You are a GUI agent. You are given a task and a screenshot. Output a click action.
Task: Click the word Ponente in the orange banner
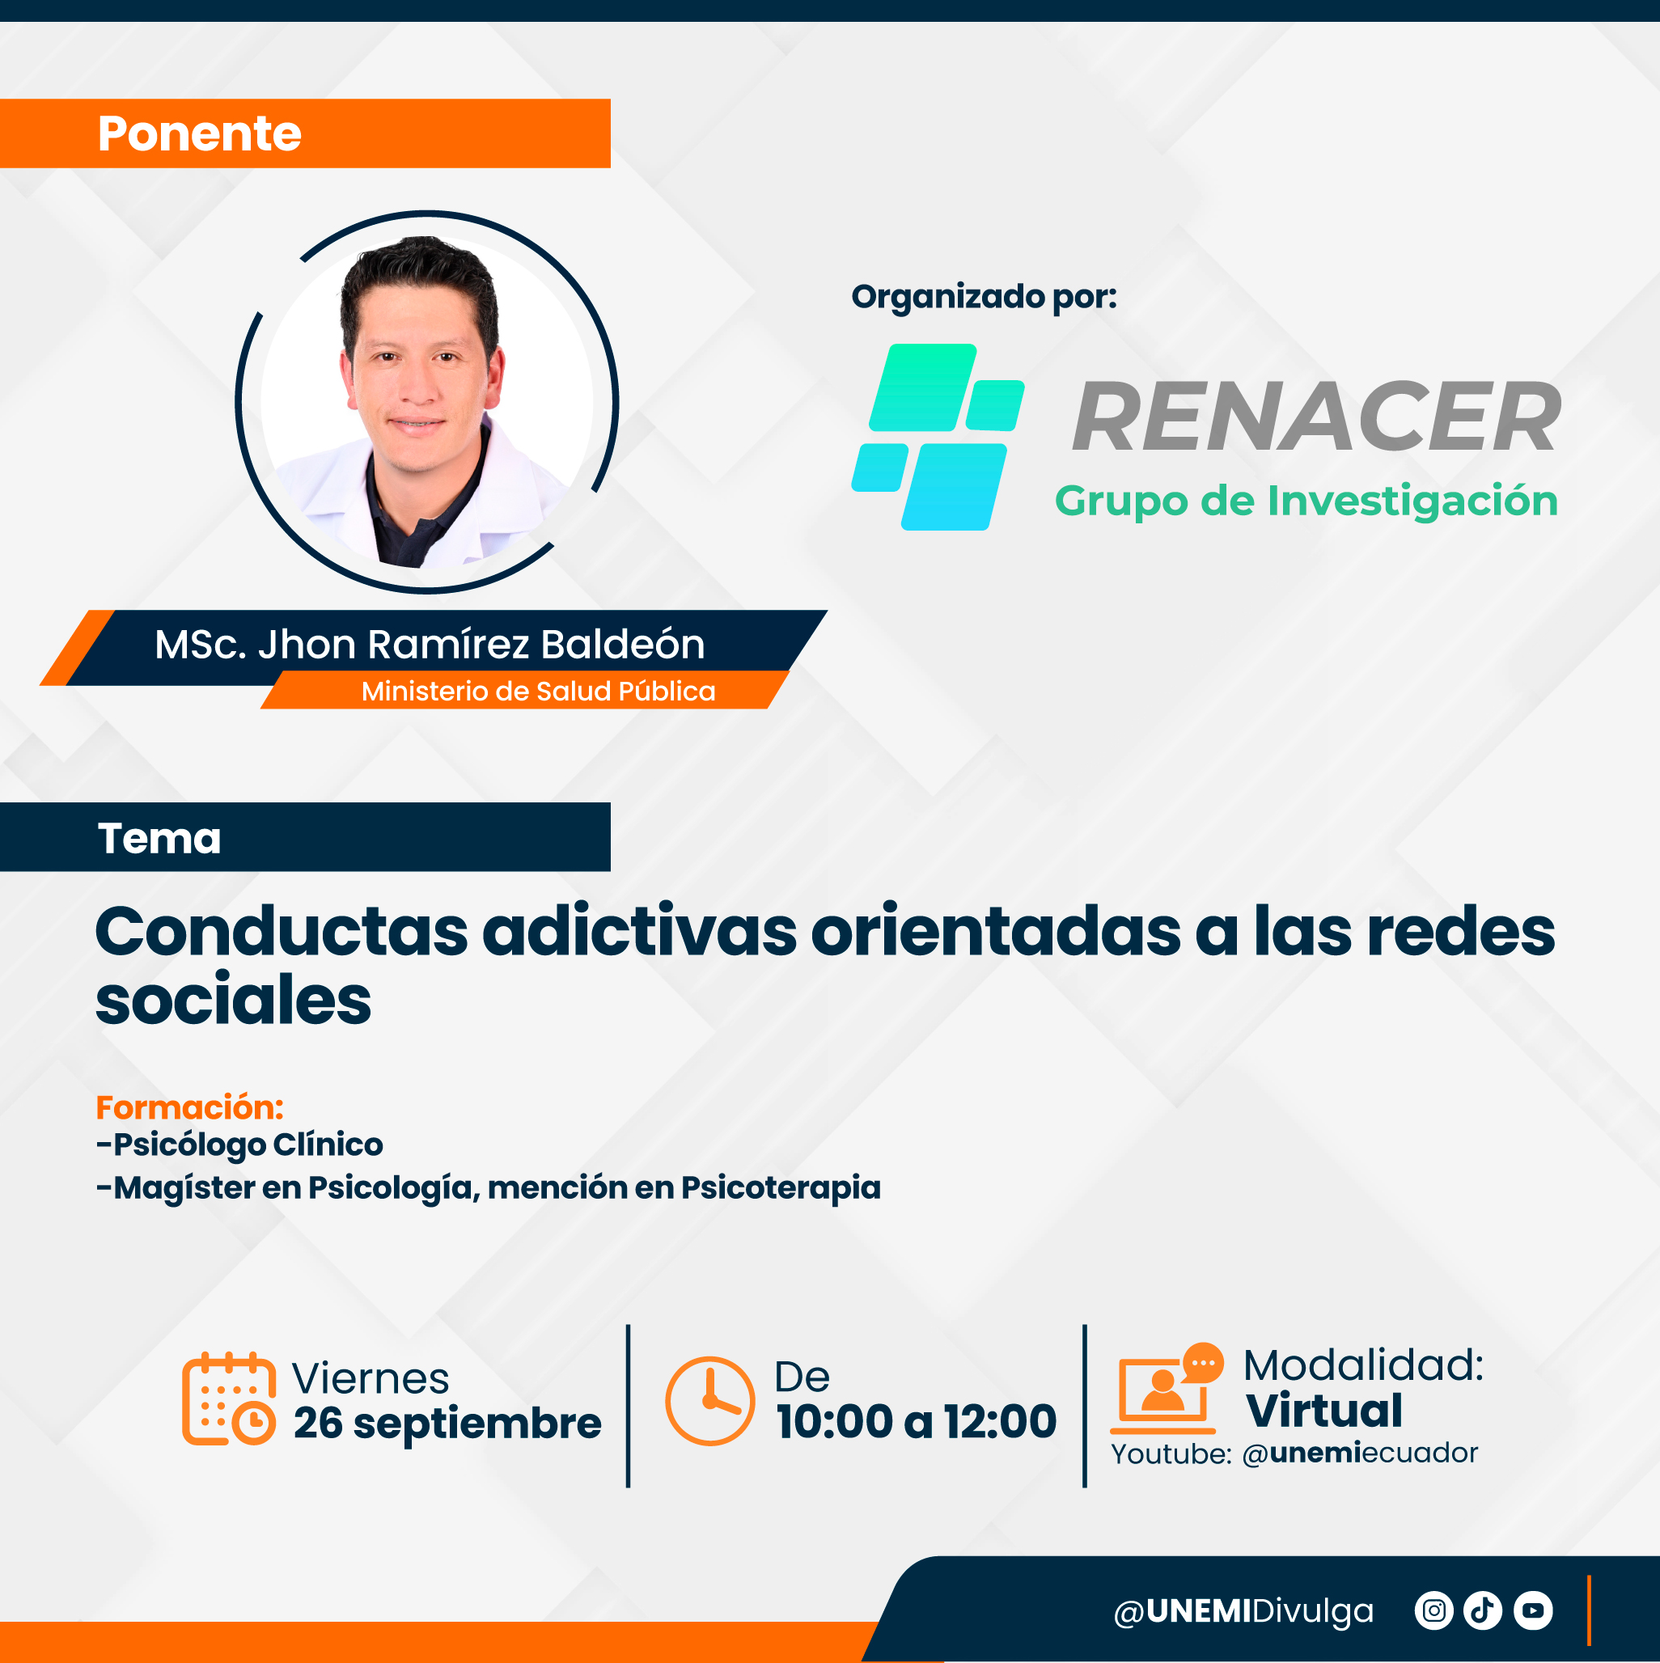pos(199,133)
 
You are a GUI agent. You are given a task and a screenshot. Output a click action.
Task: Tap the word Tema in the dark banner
pos(159,839)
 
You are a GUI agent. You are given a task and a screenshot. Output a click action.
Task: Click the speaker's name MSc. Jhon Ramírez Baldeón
pos(430,644)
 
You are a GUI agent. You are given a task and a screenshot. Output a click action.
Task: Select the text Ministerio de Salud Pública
pos(538,692)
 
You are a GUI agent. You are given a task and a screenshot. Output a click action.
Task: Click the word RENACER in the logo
pos(1316,417)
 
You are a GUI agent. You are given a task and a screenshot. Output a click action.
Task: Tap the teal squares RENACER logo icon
pos(938,438)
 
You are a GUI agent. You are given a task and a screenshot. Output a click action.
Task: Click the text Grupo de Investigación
pos(1306,501)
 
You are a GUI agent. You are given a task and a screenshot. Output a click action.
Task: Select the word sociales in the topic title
pos(233,1000)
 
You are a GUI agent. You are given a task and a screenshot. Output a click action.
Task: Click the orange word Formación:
pos(189,1108)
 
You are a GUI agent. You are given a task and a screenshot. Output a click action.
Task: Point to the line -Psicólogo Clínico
pos(239,1145)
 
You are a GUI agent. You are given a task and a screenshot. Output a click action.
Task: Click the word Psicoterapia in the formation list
pos(781,1188)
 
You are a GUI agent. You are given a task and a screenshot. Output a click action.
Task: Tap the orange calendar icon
pos(229,1399)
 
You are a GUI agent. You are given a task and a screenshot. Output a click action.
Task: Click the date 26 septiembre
pos(447,1423)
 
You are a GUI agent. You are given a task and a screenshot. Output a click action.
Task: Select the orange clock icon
pos(710,1400)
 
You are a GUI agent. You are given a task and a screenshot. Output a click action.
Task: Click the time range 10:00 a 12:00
pos(916,1421)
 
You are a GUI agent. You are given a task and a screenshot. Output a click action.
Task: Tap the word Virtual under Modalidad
pos(1324,1411)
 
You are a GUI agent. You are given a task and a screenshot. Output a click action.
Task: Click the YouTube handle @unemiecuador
pos(1360,1454)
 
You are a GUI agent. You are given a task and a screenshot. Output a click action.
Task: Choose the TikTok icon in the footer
pos(1483,1610)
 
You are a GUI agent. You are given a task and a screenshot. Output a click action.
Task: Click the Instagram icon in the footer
pos(1433,1610)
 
